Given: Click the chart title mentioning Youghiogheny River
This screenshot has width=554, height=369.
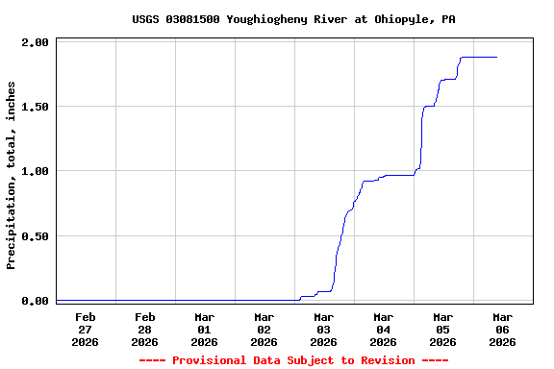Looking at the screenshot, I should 293,19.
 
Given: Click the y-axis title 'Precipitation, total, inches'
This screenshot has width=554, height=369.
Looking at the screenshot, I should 12,175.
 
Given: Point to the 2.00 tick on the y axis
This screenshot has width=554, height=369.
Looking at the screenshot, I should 35,42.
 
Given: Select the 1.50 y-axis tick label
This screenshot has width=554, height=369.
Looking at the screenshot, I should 35,107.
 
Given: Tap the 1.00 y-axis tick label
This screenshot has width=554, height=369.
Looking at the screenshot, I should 35,171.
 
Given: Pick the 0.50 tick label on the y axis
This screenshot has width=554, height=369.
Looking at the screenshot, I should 35,235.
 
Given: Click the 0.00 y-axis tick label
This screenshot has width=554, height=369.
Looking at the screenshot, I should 35,301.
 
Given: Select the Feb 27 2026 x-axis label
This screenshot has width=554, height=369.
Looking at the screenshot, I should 86,329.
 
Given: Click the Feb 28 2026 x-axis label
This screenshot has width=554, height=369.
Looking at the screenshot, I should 145,329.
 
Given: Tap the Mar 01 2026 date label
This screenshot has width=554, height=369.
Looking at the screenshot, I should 205,329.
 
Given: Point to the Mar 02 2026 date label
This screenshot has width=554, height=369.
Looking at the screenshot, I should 264,329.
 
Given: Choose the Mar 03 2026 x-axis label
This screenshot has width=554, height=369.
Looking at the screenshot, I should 324,329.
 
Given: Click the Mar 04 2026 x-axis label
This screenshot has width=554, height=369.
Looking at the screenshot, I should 384,329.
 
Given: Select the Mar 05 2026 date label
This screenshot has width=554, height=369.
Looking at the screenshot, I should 443,329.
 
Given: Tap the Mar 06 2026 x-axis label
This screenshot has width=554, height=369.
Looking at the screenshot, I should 503,329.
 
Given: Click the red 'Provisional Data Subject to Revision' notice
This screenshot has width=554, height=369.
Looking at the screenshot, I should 293,360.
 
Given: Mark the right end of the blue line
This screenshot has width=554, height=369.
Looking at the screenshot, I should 496,58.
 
